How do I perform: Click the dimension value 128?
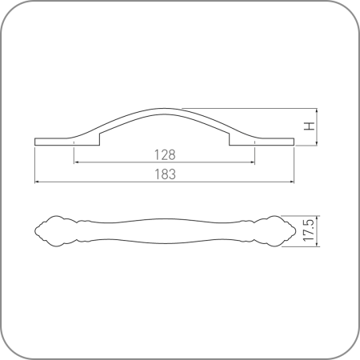pos(165,154)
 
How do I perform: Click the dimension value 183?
pos(165,174)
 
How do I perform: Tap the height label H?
pos(310,126)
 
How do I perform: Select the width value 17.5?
pos(309,230)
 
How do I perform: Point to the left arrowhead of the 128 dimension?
pos(76,162)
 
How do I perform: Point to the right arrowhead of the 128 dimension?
pos(252,162)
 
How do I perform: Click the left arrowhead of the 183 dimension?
pos(38,182)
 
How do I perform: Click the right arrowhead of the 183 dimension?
pos(291,182)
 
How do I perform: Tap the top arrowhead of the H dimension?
pos(317,111)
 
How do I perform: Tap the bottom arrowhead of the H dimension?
pos(317,143)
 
